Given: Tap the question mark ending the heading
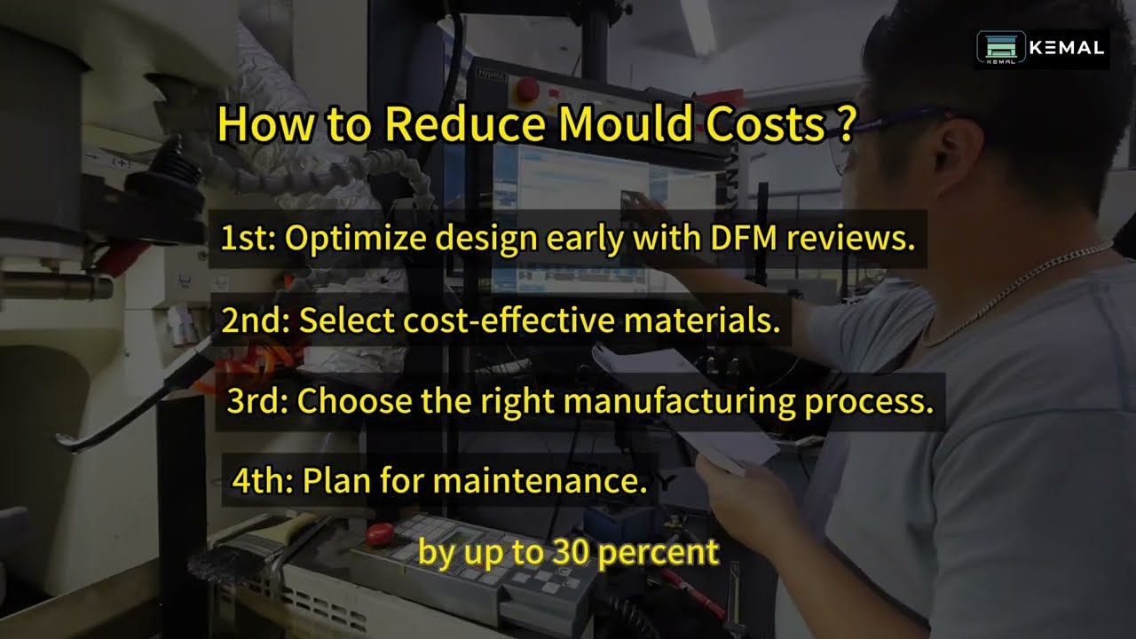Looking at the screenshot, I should pyautogui.click(x=845, y=125).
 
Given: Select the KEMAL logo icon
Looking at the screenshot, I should pyautogui.click(x=1000, y=48).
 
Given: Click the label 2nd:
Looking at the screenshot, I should pyautogui.click(x=256, y=320).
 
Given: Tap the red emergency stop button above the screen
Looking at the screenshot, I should pyautogui.click(x=527, y=88).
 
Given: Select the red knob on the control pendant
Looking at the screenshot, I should pyautogui.click(x=379, y=534).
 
